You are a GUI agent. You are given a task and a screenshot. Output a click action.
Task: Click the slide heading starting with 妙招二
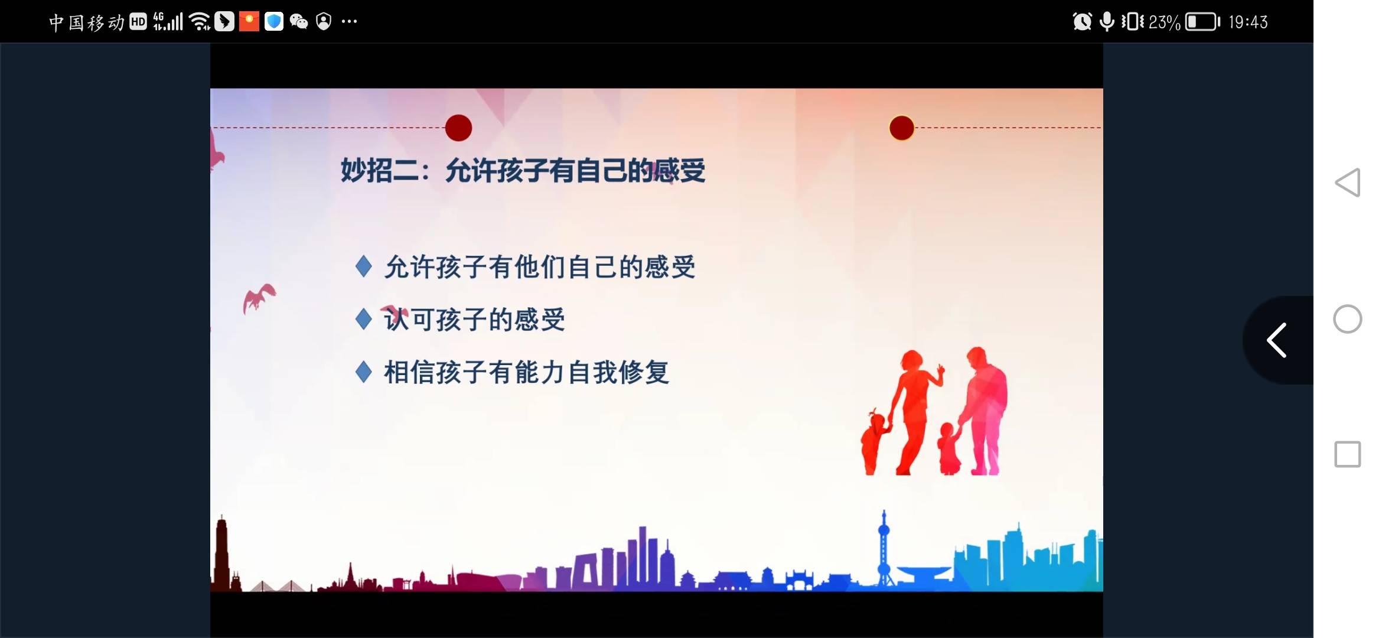point(523,171)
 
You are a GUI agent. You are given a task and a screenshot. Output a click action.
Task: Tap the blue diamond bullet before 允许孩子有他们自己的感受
point(364,266)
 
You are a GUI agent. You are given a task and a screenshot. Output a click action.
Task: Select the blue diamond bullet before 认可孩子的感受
point(364,319)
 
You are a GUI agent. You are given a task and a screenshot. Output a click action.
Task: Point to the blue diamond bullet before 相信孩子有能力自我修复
point(364,372)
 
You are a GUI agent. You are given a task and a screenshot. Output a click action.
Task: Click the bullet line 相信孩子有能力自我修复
point(526,372)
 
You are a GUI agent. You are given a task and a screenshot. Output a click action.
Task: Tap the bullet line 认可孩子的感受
point(474,320)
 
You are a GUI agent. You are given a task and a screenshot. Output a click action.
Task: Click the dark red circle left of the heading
point(458,128)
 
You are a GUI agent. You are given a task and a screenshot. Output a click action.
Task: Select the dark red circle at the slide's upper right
point(901,128)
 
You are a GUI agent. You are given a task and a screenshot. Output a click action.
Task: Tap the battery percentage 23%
point(1164,22)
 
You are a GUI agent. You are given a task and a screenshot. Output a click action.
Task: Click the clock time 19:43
point(1248,22)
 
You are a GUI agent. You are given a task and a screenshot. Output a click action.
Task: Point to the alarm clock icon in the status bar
point(1082,22)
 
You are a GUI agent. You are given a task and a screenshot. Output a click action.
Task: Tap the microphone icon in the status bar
point(1107,22)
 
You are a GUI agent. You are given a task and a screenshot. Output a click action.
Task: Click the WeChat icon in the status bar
point(299,22)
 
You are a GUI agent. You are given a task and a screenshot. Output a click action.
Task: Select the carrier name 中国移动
point(87,22)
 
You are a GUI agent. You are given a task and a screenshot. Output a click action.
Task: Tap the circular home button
point(1347,319)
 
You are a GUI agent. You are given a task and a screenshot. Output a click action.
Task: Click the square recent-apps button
point(1347,454)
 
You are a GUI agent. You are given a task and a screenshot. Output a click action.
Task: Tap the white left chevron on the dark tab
point(1277,340)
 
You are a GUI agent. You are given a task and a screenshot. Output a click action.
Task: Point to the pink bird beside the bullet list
point(259,297)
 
